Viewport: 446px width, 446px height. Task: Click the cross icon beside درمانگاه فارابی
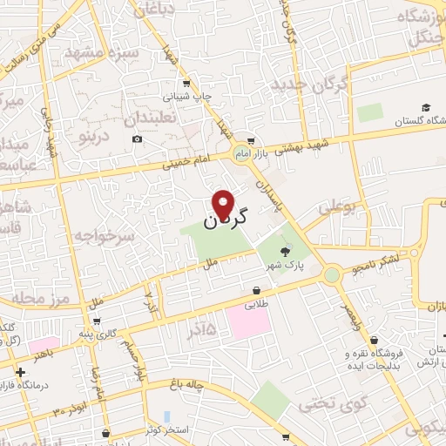tap(20, 372)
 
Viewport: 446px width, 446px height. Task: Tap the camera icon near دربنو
tap(137, 139)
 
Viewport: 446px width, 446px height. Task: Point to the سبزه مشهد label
tap(108, 53)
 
